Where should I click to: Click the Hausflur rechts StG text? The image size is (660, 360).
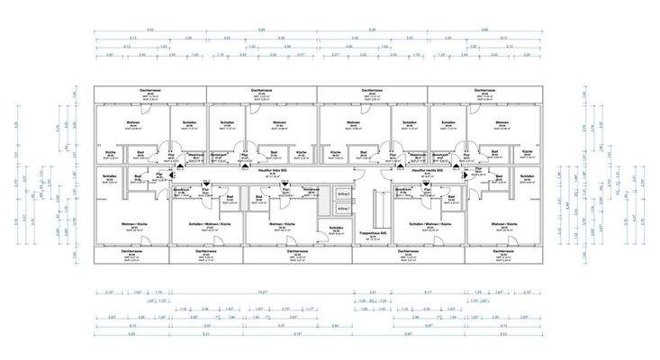422,168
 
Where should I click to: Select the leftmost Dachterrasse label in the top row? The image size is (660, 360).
150,91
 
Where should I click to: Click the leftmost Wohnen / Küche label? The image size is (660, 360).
132,222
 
